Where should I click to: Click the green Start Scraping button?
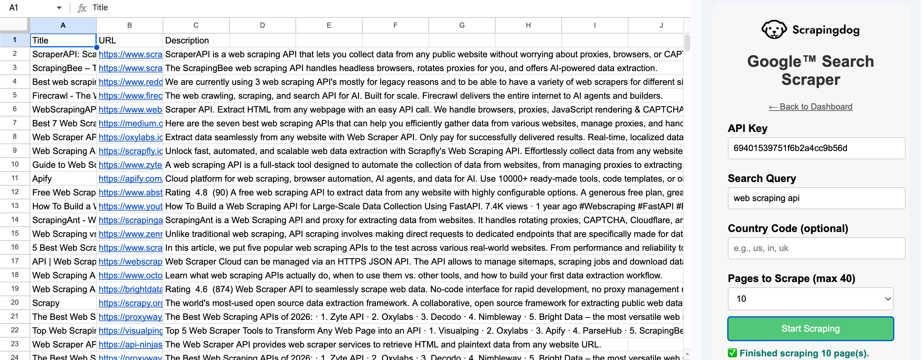[810, 328]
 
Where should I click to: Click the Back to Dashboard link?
[810, 107]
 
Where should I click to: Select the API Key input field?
[816, 148]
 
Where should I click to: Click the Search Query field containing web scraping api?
[816, 198]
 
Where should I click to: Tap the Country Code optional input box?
[816, 248]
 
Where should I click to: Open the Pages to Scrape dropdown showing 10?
[810, 299]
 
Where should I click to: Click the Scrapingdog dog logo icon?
[774, 29]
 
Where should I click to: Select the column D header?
[262, 25]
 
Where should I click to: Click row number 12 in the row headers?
[15, 192]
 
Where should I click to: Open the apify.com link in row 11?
[130, 179]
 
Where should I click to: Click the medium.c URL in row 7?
[130, 123]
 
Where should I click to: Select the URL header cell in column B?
[129, 40]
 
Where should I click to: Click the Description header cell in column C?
[195, 40]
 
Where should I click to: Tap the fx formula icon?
[82, 8]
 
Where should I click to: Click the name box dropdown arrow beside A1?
[59, 8]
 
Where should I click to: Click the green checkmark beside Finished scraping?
[732, 353]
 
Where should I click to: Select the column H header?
[528, 25]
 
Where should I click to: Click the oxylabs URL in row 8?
[130, 137]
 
